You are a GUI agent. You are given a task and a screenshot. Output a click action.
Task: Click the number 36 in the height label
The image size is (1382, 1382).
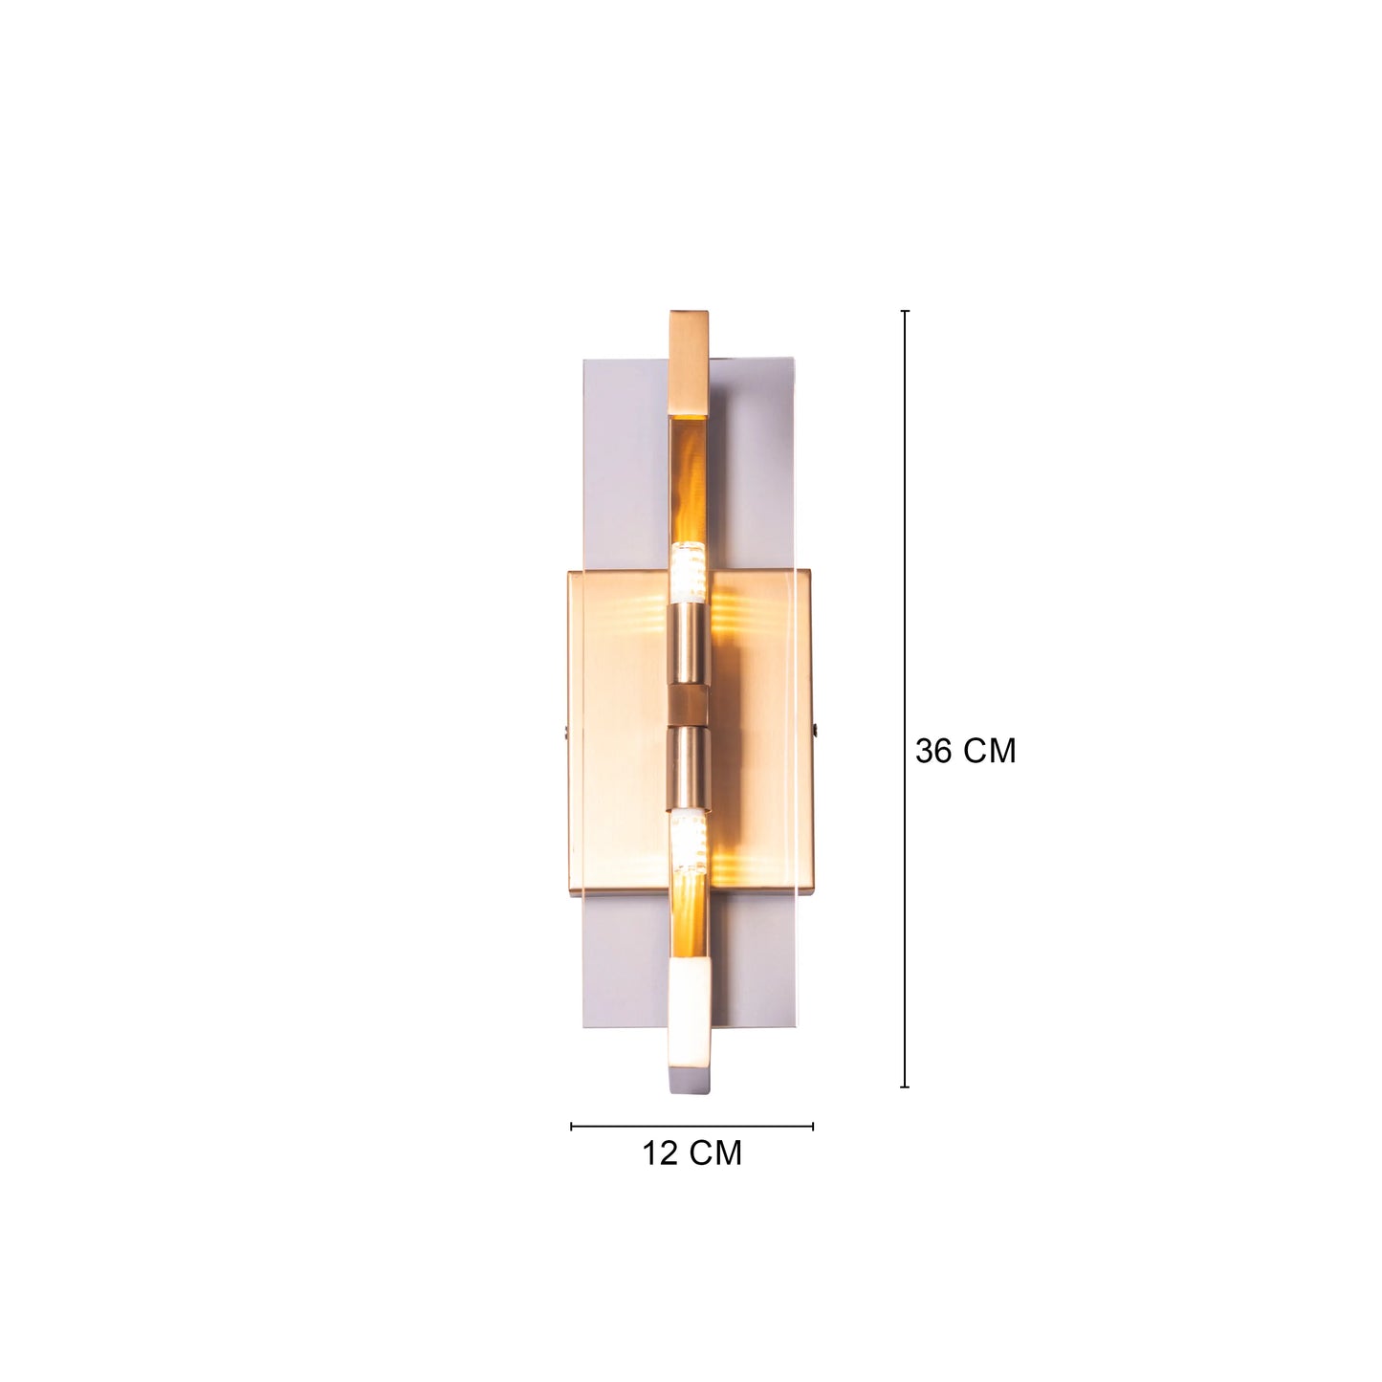click(x=934, y=751)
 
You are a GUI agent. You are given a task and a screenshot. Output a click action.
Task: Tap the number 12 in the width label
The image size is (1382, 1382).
click(x=659, y=1153)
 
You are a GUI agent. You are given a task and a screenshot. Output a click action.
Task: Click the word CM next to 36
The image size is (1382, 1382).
click(x=990, y=751)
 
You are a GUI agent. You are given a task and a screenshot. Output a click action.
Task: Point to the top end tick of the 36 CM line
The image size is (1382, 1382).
click(x=905, y=311)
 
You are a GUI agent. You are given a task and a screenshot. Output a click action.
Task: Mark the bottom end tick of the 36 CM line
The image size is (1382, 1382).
click(x=905, y=1086)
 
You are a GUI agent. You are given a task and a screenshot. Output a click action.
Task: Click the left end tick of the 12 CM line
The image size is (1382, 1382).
click(x=572, y=1127)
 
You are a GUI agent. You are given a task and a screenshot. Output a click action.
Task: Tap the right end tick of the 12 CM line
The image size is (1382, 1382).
click(x=813, y=1127)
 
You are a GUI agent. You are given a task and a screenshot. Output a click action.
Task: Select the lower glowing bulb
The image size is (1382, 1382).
click(x=688, y=837)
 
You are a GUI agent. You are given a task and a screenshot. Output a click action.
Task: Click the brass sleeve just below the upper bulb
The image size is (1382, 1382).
click(x=689, y=641)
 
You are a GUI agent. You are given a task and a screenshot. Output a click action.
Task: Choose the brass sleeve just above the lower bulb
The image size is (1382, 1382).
click(x=689, y=765)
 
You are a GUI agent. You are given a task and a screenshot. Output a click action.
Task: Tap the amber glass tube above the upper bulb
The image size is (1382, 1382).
click(x=689, y=478)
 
